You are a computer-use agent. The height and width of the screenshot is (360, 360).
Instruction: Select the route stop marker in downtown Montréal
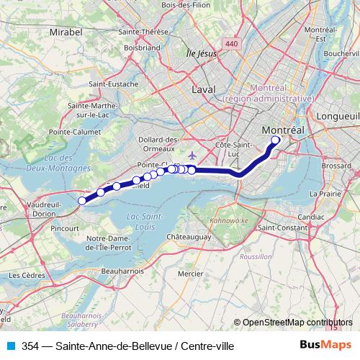pos(275,140)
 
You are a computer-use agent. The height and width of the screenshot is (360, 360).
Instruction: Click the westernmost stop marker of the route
pos(82,201)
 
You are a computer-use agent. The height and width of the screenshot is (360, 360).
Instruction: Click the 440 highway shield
pos(231,45)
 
